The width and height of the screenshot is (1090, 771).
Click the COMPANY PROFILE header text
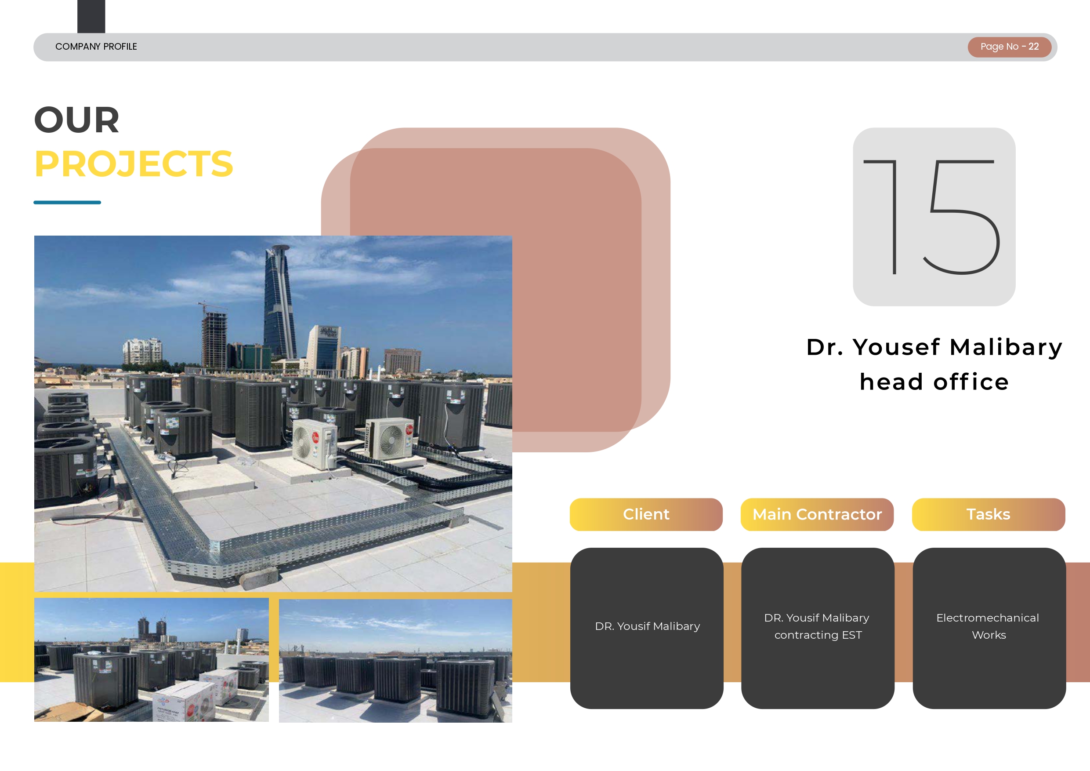point(96,47)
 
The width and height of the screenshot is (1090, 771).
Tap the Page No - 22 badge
point(1009,47)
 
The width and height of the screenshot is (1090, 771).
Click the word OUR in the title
point(77,120)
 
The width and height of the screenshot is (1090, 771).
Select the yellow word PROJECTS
point(134,164)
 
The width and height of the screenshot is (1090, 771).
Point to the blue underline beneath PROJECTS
point(67,202)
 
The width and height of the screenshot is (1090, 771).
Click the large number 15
point(932,217)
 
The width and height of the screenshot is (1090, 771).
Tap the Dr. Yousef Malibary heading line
point(934,347)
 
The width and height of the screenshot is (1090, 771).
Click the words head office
point(934,382)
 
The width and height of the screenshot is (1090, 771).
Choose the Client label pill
point(646,514)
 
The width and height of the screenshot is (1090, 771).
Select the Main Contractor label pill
point(817,514)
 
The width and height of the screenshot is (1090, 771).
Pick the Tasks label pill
point(989,514)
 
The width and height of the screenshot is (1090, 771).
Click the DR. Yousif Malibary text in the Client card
point(648,626)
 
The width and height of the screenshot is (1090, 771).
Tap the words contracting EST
point(818,635)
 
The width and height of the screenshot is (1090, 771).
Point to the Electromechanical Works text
point(989,626)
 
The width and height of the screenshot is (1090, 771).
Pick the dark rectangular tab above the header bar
point(91,16)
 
